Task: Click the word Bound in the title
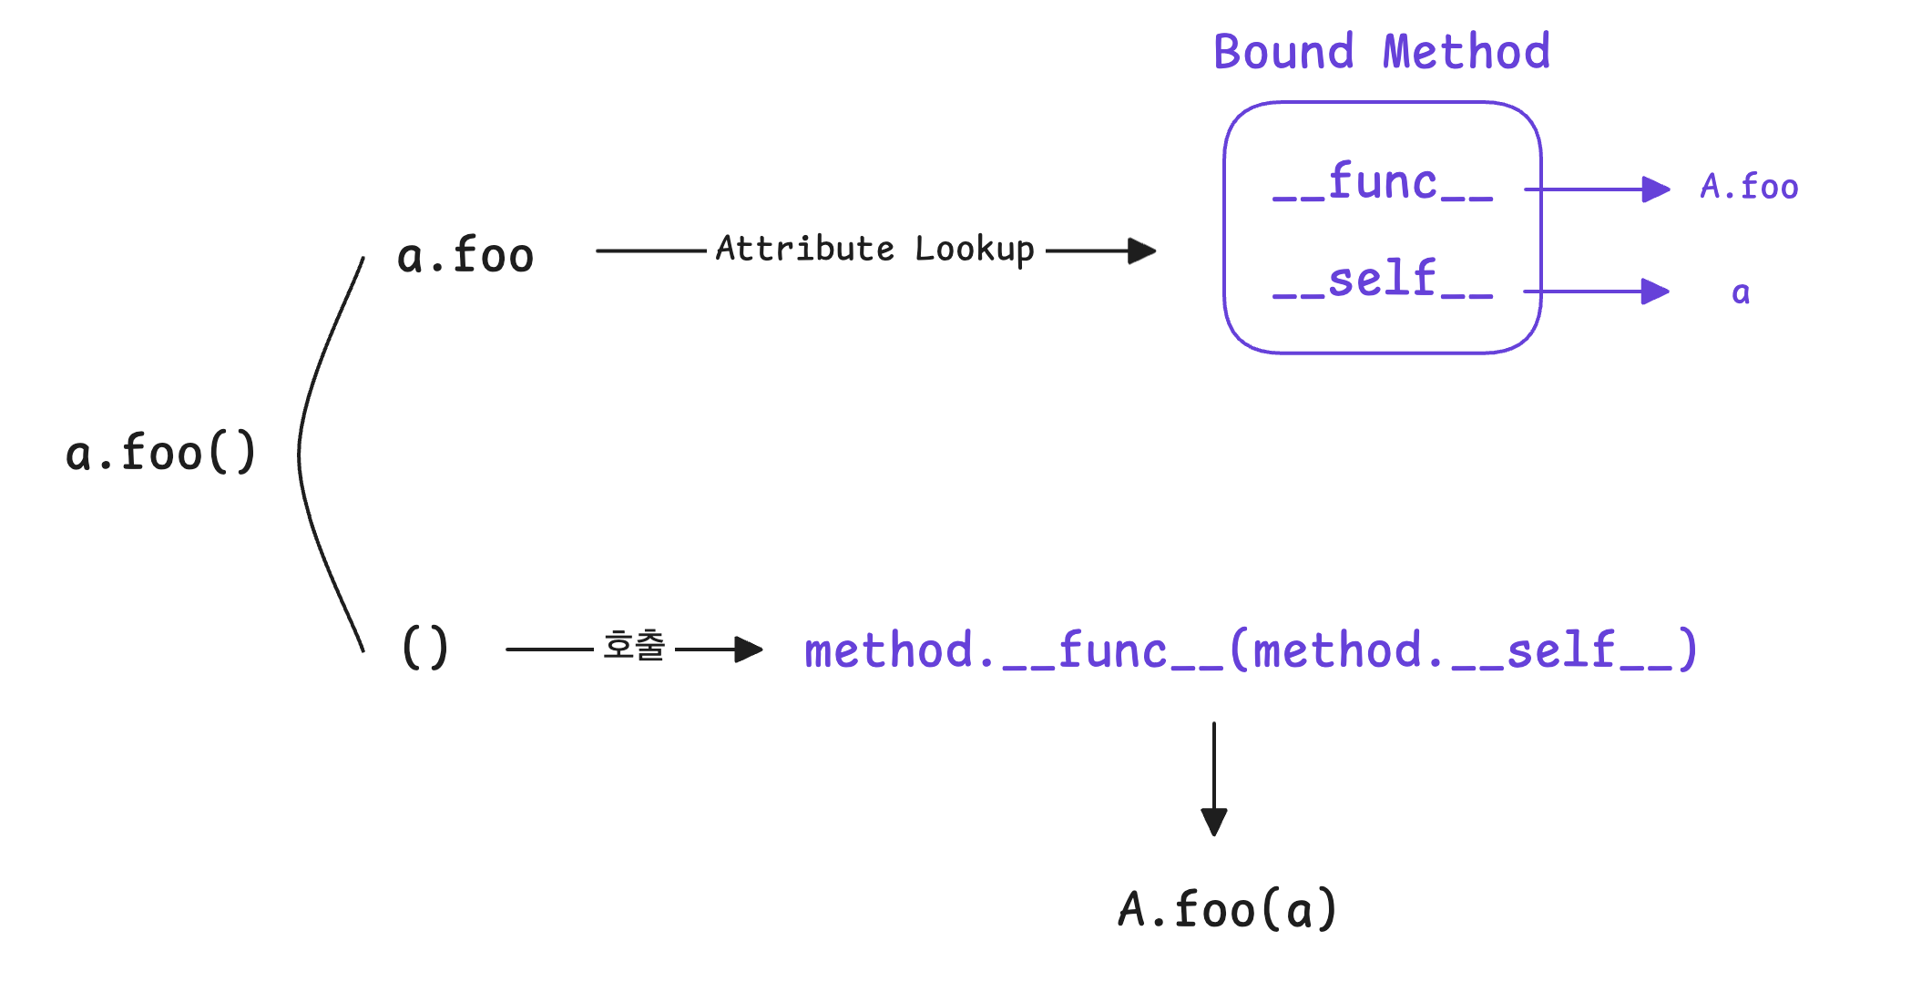[x=1284, y=51]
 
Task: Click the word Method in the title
[x=1466, y=51]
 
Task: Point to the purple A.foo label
[x=1750, y=187]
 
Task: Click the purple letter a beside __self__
[x=1741, y=292]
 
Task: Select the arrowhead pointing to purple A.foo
[x=1656, y=189]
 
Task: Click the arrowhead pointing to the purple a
[x=1656, y=292]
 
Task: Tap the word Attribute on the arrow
[x=805, y=248]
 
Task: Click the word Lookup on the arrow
[x=975, y=250]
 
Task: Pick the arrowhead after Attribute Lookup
[x=1142, y=251]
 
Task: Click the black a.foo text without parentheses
[x=465, y=255]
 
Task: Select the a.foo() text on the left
[x=161, y=453]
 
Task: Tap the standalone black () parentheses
[x=425, y=648]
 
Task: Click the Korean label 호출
[x=634, y=646]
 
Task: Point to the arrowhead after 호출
[x=749, y=650]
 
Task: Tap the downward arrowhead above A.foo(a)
[x=1214, y=822]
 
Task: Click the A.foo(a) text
[x=1228, y=909]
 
